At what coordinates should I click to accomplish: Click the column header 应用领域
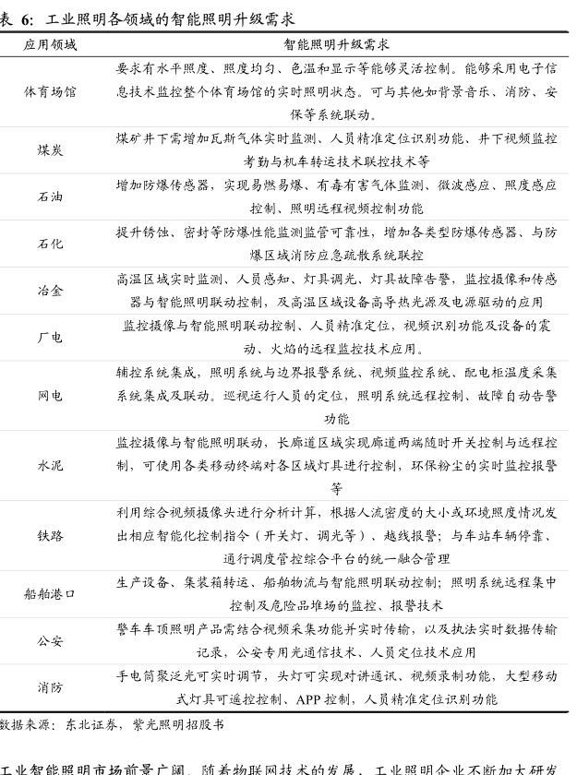51,44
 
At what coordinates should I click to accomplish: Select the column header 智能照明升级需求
337,44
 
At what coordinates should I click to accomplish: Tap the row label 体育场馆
51,92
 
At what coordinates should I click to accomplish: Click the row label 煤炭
51,149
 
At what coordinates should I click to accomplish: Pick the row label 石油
51,197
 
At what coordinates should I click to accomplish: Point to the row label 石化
51,244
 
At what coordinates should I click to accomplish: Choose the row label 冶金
51,291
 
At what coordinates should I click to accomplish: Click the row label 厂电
51,338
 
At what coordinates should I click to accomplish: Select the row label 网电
51,396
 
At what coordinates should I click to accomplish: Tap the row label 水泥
51,466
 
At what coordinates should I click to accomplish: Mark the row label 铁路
51,536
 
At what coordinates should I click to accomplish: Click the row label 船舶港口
51,594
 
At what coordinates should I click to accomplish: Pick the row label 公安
51,641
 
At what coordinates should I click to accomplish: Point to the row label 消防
51,688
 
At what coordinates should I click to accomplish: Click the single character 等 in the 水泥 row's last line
336,488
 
